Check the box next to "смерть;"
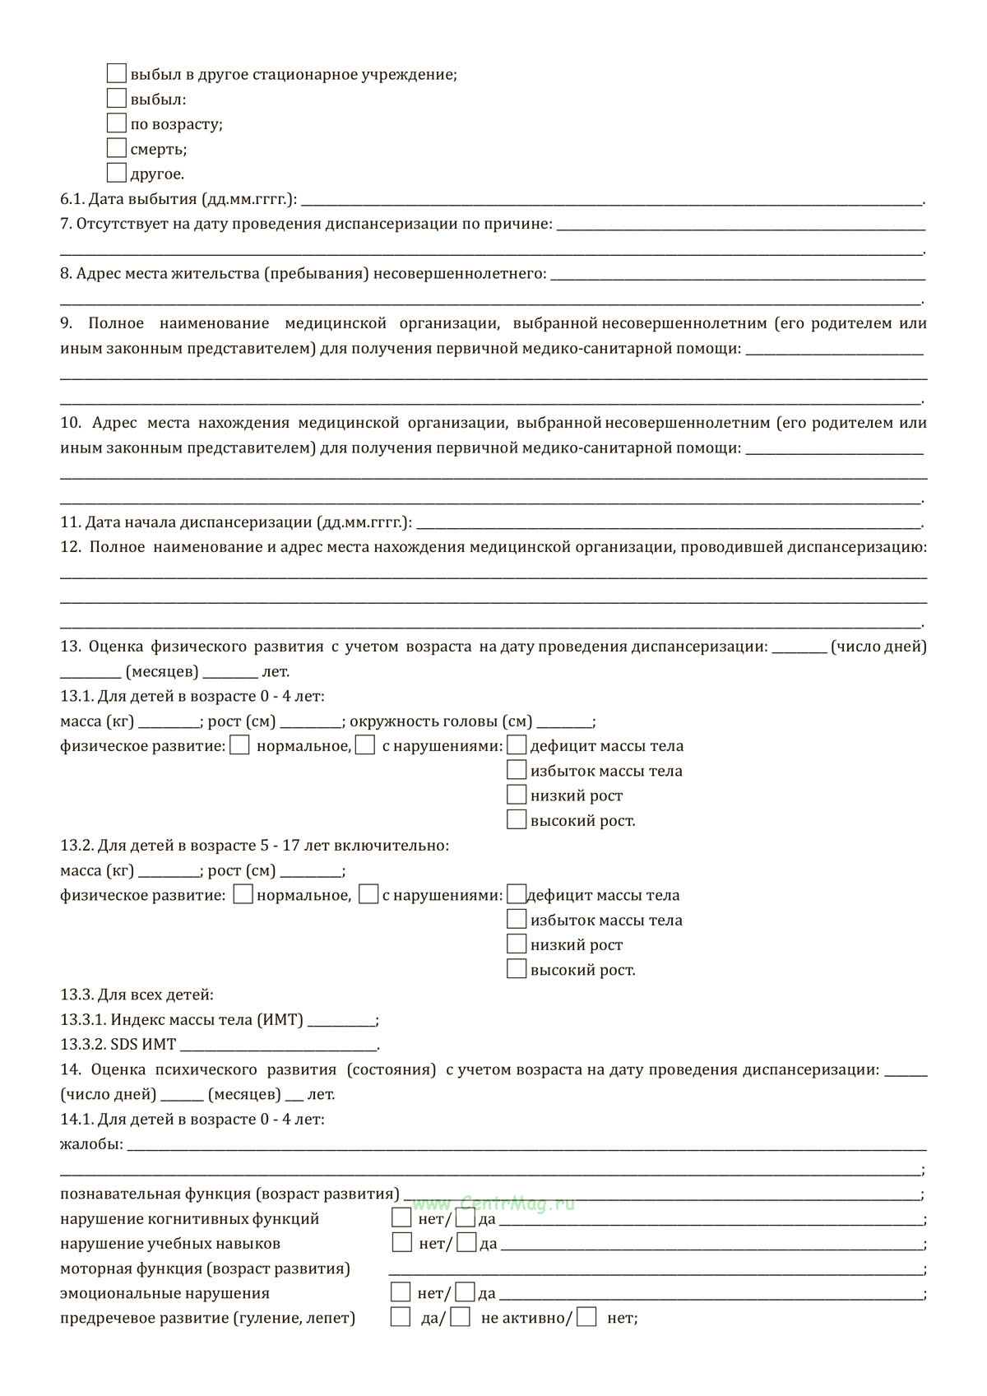[116, 148]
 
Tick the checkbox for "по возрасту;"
[116, 123]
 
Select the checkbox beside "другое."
[116, 173]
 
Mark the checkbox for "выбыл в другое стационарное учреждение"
[116, 73]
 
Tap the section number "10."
[71, 423]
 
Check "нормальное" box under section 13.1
[240, 745]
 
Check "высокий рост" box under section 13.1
[517, 819]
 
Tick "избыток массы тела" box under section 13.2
[517, 919]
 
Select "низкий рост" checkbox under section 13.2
[517, 944]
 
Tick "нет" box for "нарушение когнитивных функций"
[401, 1217]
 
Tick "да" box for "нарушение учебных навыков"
[466, 1242]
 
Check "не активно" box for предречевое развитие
[461, 1317]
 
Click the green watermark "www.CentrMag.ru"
[493, 1204]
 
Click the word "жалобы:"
[91, 1144]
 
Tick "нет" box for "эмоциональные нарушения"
[401, 1292]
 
